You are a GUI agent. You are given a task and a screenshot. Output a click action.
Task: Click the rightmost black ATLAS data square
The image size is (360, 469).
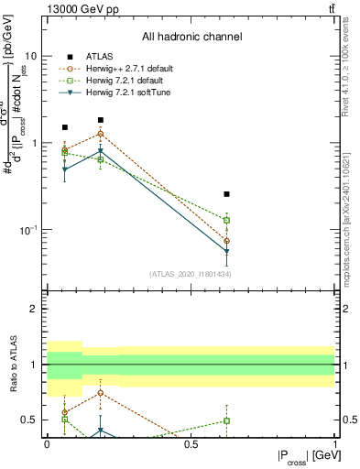(226, 194)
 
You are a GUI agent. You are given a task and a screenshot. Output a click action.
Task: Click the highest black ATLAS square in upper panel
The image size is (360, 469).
(101, 120)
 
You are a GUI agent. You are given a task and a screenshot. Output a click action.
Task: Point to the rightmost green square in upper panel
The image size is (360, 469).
(226, 220)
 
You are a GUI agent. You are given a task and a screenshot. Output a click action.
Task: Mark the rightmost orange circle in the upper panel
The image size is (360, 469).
(226, 241)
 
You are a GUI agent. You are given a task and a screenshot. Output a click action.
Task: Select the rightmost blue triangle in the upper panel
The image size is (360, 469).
(226, 251)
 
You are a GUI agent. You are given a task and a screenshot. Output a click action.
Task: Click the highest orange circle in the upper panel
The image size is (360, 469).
(101, 134)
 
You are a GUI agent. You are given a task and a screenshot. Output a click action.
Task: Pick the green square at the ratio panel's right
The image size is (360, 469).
(226, 420)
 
